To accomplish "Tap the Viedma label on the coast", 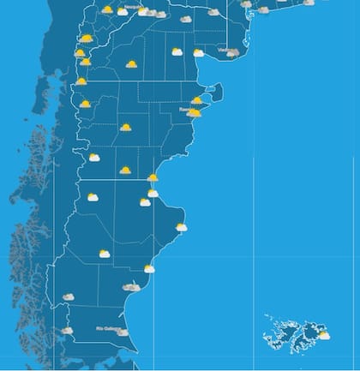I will (225, 50).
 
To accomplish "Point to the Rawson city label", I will (185, 109).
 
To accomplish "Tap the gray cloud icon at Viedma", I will (233, 53).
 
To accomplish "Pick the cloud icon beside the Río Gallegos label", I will (123, 332).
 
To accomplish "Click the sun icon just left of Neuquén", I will (107, 9).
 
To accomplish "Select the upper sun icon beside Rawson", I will (197, 100).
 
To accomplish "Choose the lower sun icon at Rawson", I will (195, 112).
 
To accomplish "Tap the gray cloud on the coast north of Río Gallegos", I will (131, 288).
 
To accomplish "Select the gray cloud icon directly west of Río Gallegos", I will (67, 330).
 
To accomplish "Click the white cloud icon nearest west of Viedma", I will (199, 52).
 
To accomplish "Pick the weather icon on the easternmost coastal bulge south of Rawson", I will (181, 227).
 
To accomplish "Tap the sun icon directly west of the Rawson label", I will (125, 127).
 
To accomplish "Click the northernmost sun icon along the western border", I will (86, 38).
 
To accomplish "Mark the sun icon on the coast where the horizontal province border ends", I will (153, 177).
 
